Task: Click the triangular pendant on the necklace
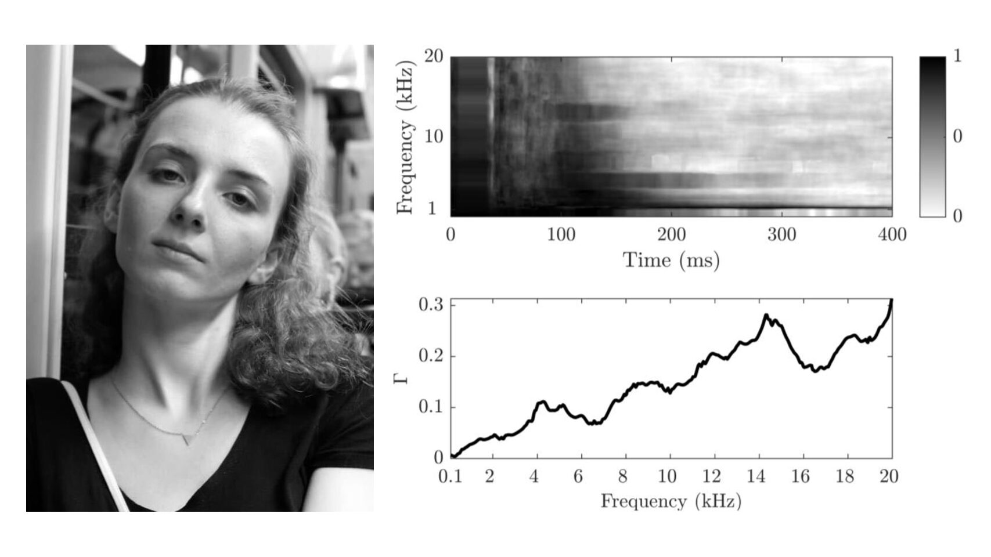pyautogui.click(x=187, y=439)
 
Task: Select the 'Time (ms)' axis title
pyautogui.click(x=671, y=260)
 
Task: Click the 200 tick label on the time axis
pyautogui.click(x=671, y=235)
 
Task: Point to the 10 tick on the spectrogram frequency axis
pyautogui.click(x=434, y=138)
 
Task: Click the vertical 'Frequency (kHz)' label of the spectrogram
pyautogui.click(x=406, y=138)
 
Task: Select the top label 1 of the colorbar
pyautogui.click(x=957, y=56)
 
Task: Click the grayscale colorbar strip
pyautogui.click(x=932, y=137)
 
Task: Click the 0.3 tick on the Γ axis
pyautogui.click(x=431, y=305)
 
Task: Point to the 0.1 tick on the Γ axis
pyautogui.click(x=431, y=407)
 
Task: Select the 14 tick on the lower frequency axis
pyautogui.click(x=755, y=477)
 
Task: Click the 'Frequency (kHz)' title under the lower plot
pyautogui.click(x=671, y=501)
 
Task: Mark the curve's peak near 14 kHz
pyautogui.click(x=766, y=315)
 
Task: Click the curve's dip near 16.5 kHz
pyautogui.click(x=816, y=371)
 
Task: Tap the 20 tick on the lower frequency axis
pyautogui.click(x=889, y=477)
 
